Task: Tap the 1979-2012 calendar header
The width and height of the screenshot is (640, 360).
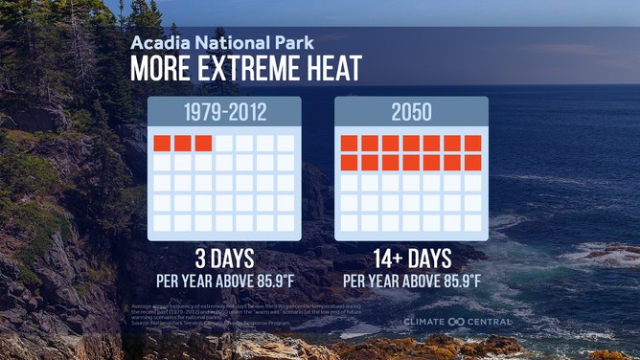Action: [x=225, y=113]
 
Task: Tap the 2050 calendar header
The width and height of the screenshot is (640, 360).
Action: [x=411, y=113]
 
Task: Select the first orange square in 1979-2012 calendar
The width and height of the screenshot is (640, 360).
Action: [x=162, y=143]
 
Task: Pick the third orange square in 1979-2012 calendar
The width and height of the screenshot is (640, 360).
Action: [x=203, y=143]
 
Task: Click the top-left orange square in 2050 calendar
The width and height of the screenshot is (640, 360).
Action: [x=349, y=143]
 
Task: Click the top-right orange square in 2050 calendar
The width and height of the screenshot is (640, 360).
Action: [x=472, y=143]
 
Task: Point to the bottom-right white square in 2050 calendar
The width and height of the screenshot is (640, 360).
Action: [x=472, y=223]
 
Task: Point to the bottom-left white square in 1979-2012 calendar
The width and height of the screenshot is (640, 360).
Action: [x=162, y=223]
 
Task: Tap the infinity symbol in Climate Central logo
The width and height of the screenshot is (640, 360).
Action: [x=463, y=322]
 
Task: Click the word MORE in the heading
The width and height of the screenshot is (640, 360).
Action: [x=162, y=71]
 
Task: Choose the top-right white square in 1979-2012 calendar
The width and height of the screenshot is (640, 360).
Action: [x=286, y=143]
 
